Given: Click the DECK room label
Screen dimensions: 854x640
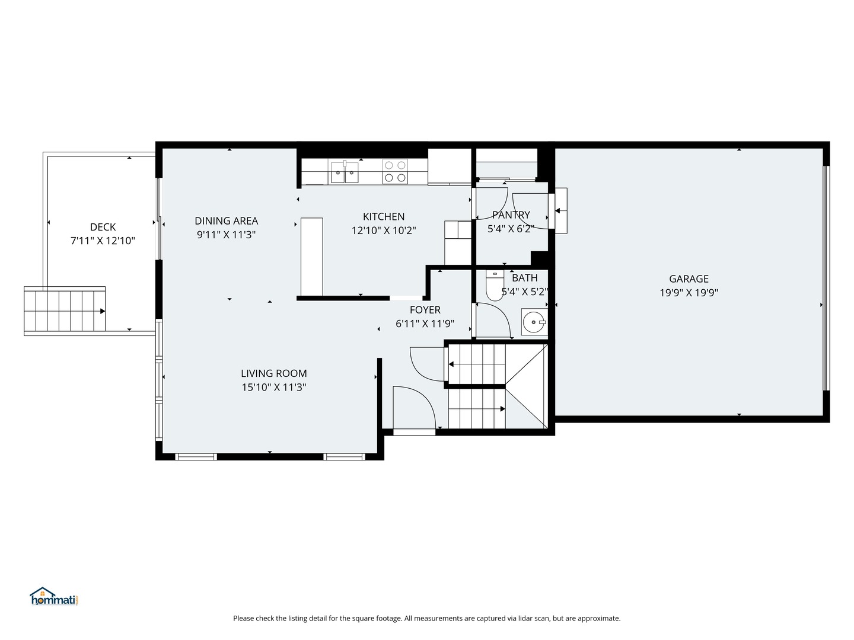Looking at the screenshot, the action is click(x=103, y=227).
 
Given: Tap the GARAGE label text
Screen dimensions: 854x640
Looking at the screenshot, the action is click(x=689, y=279).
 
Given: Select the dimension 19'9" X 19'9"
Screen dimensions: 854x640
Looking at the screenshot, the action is click(x=689, y=293).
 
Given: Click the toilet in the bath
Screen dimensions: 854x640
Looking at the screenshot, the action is click(x=495, y=286).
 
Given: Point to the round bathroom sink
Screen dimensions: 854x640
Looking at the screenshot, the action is click(x=534, y=322).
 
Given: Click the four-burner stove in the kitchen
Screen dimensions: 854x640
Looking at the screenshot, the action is click(x=395, y=171).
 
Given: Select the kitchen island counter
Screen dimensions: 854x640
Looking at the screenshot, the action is click(x=311, y=257).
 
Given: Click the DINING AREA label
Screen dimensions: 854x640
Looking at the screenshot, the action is click(x=226, y=220).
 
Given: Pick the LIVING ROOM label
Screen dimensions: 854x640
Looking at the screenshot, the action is click(x=274, y=373).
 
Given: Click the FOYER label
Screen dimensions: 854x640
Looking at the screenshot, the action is click(x=425, y=310).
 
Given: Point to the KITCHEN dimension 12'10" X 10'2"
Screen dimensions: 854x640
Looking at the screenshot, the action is click(x=384, y=231).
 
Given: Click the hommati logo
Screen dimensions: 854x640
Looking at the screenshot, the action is click(x=54, y=596).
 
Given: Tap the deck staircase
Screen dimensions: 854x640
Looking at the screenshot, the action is click(x=65, y=311).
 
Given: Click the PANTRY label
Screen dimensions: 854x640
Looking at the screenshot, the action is click(x=511, y=215).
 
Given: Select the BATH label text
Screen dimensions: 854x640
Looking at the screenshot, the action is click(x=525, y=278).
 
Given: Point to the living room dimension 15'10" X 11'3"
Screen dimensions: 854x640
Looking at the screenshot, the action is click(x=274, y=387).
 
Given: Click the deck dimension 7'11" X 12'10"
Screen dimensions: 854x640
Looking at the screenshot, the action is click(x=103, y=241).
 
